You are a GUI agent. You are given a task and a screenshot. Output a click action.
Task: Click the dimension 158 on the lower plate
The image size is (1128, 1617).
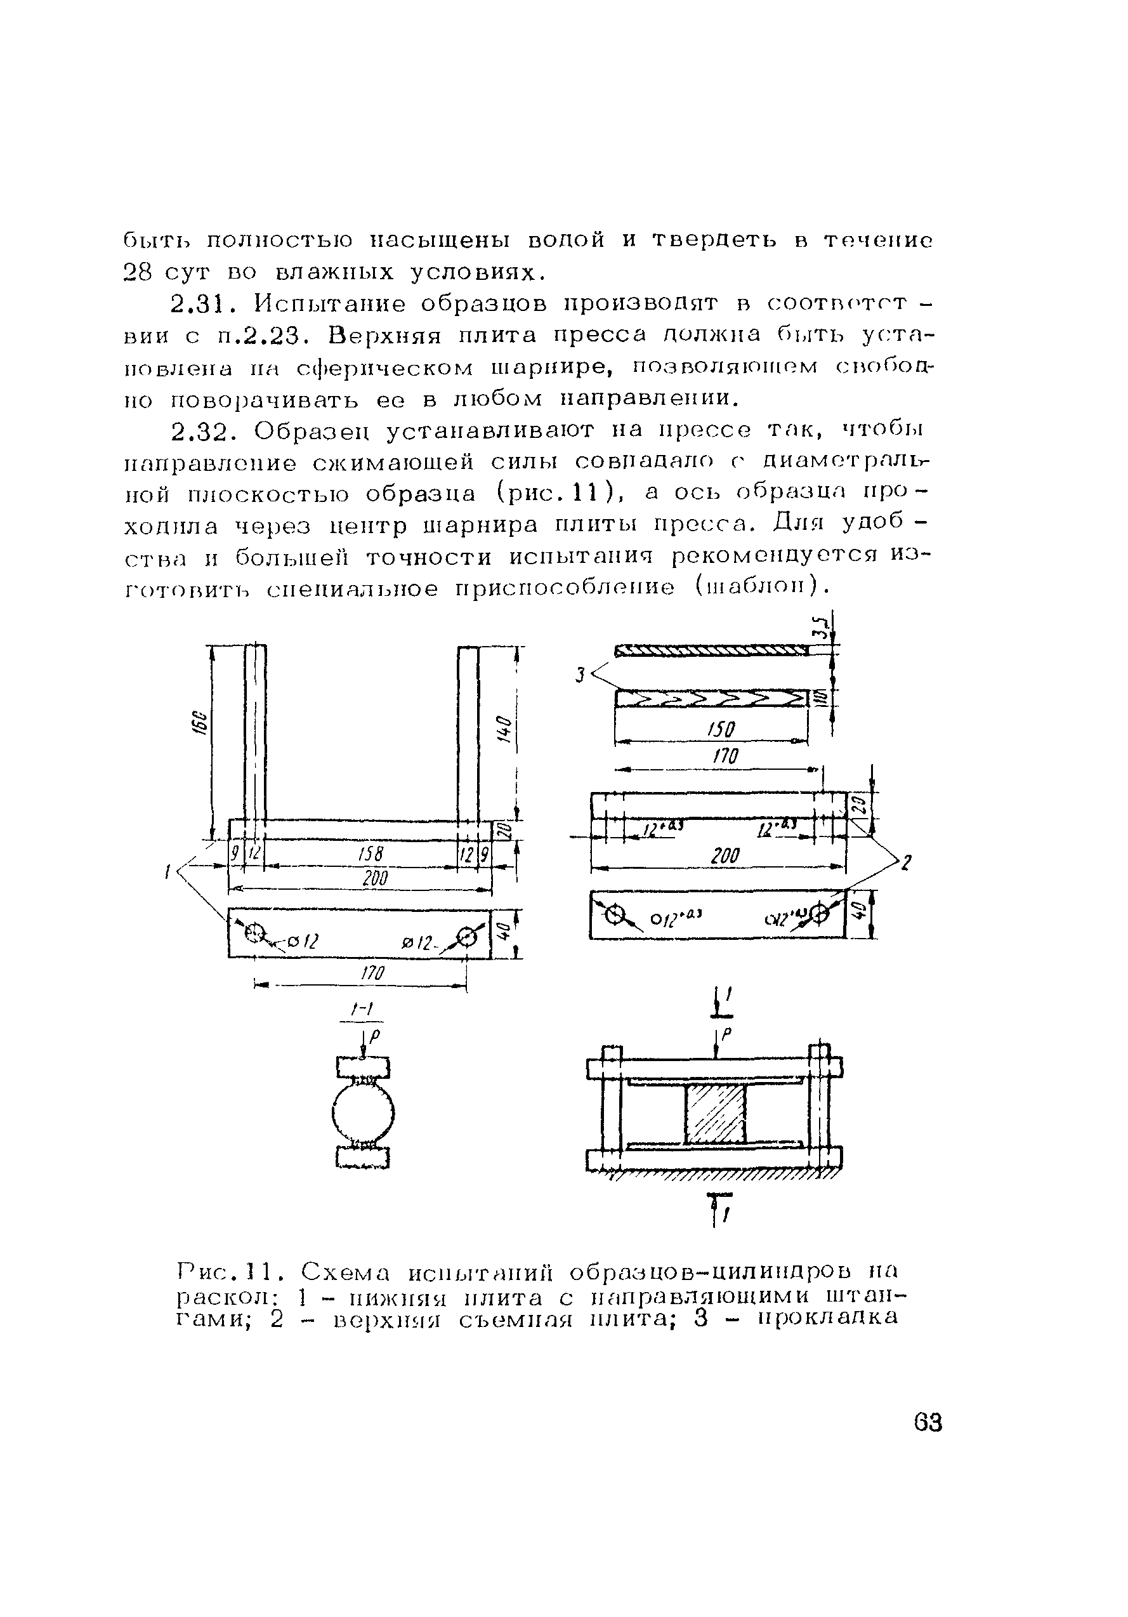(369, 854)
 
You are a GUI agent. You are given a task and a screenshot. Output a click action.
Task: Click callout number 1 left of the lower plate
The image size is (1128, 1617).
(167, 873)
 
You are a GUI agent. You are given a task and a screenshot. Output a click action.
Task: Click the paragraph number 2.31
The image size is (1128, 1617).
(199, 304)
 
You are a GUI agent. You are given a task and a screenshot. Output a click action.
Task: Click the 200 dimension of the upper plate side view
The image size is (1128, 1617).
(725, 855)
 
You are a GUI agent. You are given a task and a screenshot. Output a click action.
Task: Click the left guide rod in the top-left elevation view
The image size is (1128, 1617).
(256, 732)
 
